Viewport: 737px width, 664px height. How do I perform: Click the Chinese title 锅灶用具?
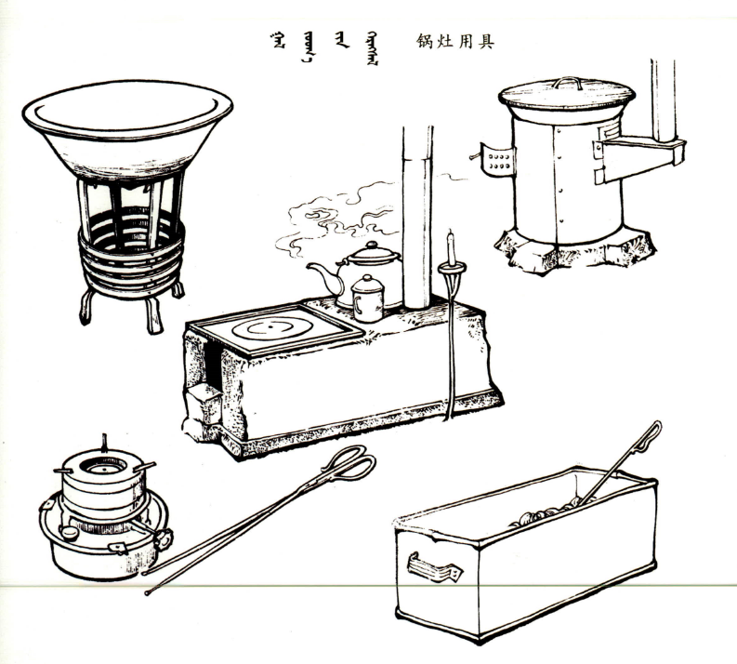click(x=455, y=41)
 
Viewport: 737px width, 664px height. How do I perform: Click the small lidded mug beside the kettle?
click(x=367, y=299)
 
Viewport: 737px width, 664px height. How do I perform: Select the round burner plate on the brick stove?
click(x=271, y=327)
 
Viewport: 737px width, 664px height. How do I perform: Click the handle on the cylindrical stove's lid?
click(x=567, y=83)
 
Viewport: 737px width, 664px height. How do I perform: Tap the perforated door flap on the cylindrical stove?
click(x=498, y=162)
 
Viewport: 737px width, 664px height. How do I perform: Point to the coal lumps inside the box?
click(x=546, y=512)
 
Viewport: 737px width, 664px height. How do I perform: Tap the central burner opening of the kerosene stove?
click(x=103, y=467)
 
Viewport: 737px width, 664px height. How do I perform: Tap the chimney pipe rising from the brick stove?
click(x=417, y=218)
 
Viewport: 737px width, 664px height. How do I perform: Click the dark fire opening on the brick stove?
click(x=215, y=365)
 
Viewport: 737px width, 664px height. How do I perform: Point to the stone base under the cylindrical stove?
click(x=574, y=251)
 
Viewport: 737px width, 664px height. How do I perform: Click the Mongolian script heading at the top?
click(x=324, y=46)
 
